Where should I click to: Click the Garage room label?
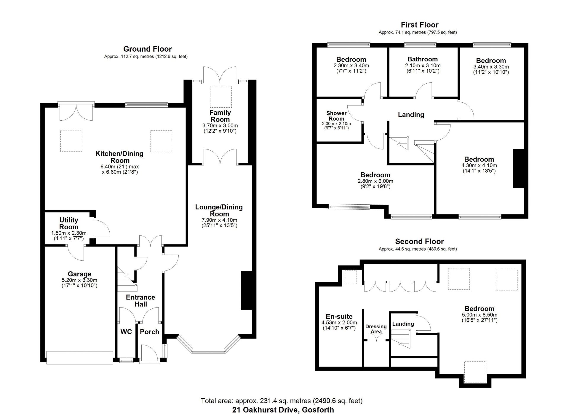[x=79, y=274]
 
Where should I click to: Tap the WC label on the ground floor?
[x=126, y=332]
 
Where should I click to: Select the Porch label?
[x=149, y=332]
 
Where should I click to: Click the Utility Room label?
[x=69, y=223]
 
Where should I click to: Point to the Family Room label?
[x=220, y=116]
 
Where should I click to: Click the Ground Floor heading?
[x=147, y=49]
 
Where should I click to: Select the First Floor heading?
[x=419, y=25]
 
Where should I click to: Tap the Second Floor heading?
[x=419, y=241]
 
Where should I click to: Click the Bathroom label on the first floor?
[x=423, y=59]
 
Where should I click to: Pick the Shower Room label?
[x=336, y=116]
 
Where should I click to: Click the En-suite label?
[x=339, y=316]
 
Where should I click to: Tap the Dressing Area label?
[x=376, y=329]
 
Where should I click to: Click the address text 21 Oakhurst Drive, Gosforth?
[x=283, y=410]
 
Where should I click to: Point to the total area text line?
[x=282, y=401]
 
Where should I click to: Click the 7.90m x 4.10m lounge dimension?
[x=219, y=220]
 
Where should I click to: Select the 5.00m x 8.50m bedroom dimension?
[x=480, y=315]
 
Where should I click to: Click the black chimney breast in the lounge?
[x=247, y=290]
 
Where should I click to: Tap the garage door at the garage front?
[x=80, y=357]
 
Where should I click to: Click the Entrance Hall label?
[x=140, y=301]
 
